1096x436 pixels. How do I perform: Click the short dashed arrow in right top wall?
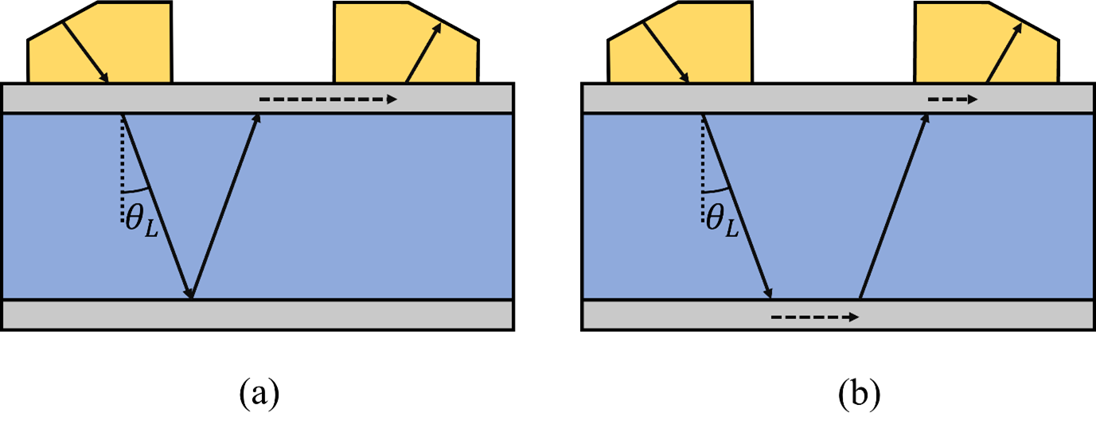(952, 99)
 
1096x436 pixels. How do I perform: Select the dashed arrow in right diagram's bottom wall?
(814, 317)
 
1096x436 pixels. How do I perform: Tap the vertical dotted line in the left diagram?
(123, 167)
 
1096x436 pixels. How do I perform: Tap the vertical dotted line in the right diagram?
(703, 167)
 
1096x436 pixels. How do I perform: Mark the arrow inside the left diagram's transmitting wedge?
(85, 52)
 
